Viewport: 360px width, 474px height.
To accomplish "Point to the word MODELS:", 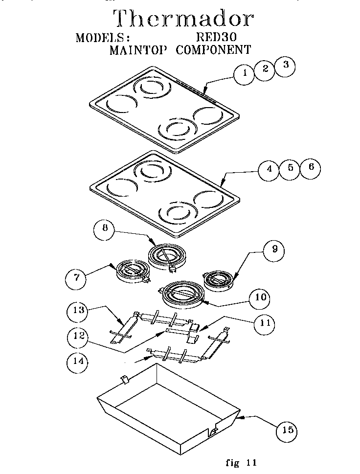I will pyautogui.click(x=103, y=38).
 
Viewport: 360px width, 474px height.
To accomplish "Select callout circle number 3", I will pyautogui.click(x=285, y=66).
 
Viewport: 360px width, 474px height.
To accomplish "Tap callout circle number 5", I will pyautogui.click(x=290, y=168).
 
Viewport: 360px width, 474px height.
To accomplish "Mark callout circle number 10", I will pyautogui.click(x=260, y=297).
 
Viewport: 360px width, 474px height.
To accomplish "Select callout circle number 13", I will pyautogui.click(x=79, y=310).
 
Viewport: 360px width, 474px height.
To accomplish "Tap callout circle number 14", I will pyautogui.click(x=77, y=362).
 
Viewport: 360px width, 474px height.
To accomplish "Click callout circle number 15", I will pyautogui.click(x=288, y=430).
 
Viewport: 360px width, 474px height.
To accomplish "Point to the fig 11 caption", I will pyautogui.click(x=241, y=462).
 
